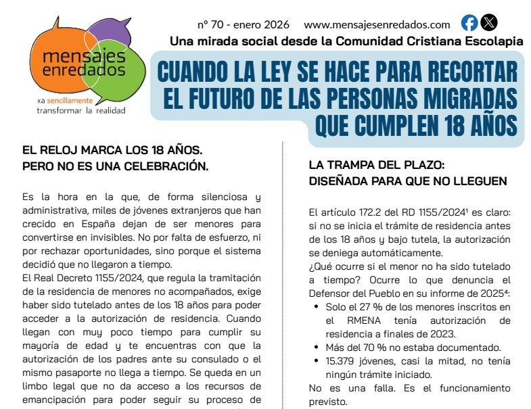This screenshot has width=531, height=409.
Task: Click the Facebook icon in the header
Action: (469, 23)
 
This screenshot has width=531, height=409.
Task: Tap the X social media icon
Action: (488, 23)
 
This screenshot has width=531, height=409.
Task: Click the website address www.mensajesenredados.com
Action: (377, 25)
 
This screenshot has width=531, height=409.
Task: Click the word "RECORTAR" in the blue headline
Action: (463, 72)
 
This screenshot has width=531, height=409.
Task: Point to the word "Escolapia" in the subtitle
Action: (489, 42)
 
